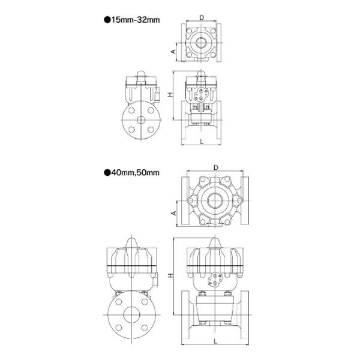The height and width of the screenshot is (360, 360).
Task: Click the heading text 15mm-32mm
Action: [136, 20]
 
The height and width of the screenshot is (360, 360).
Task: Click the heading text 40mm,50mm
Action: [135, 173]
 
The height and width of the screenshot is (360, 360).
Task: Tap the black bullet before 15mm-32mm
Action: [107, 20]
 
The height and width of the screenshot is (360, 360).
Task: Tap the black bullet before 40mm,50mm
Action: [107, 173]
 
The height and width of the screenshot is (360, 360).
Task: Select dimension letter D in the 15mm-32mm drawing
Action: [202, 17]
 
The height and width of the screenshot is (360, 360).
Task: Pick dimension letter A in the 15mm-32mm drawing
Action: [173, 52]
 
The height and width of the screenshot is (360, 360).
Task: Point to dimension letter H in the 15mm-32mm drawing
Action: [170, 94]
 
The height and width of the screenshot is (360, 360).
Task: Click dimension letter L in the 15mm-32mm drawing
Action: [202, 142]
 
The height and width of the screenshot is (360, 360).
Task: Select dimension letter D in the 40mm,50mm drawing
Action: [216, 168]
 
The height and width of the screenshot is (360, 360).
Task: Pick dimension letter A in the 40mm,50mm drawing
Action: [174, 213]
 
